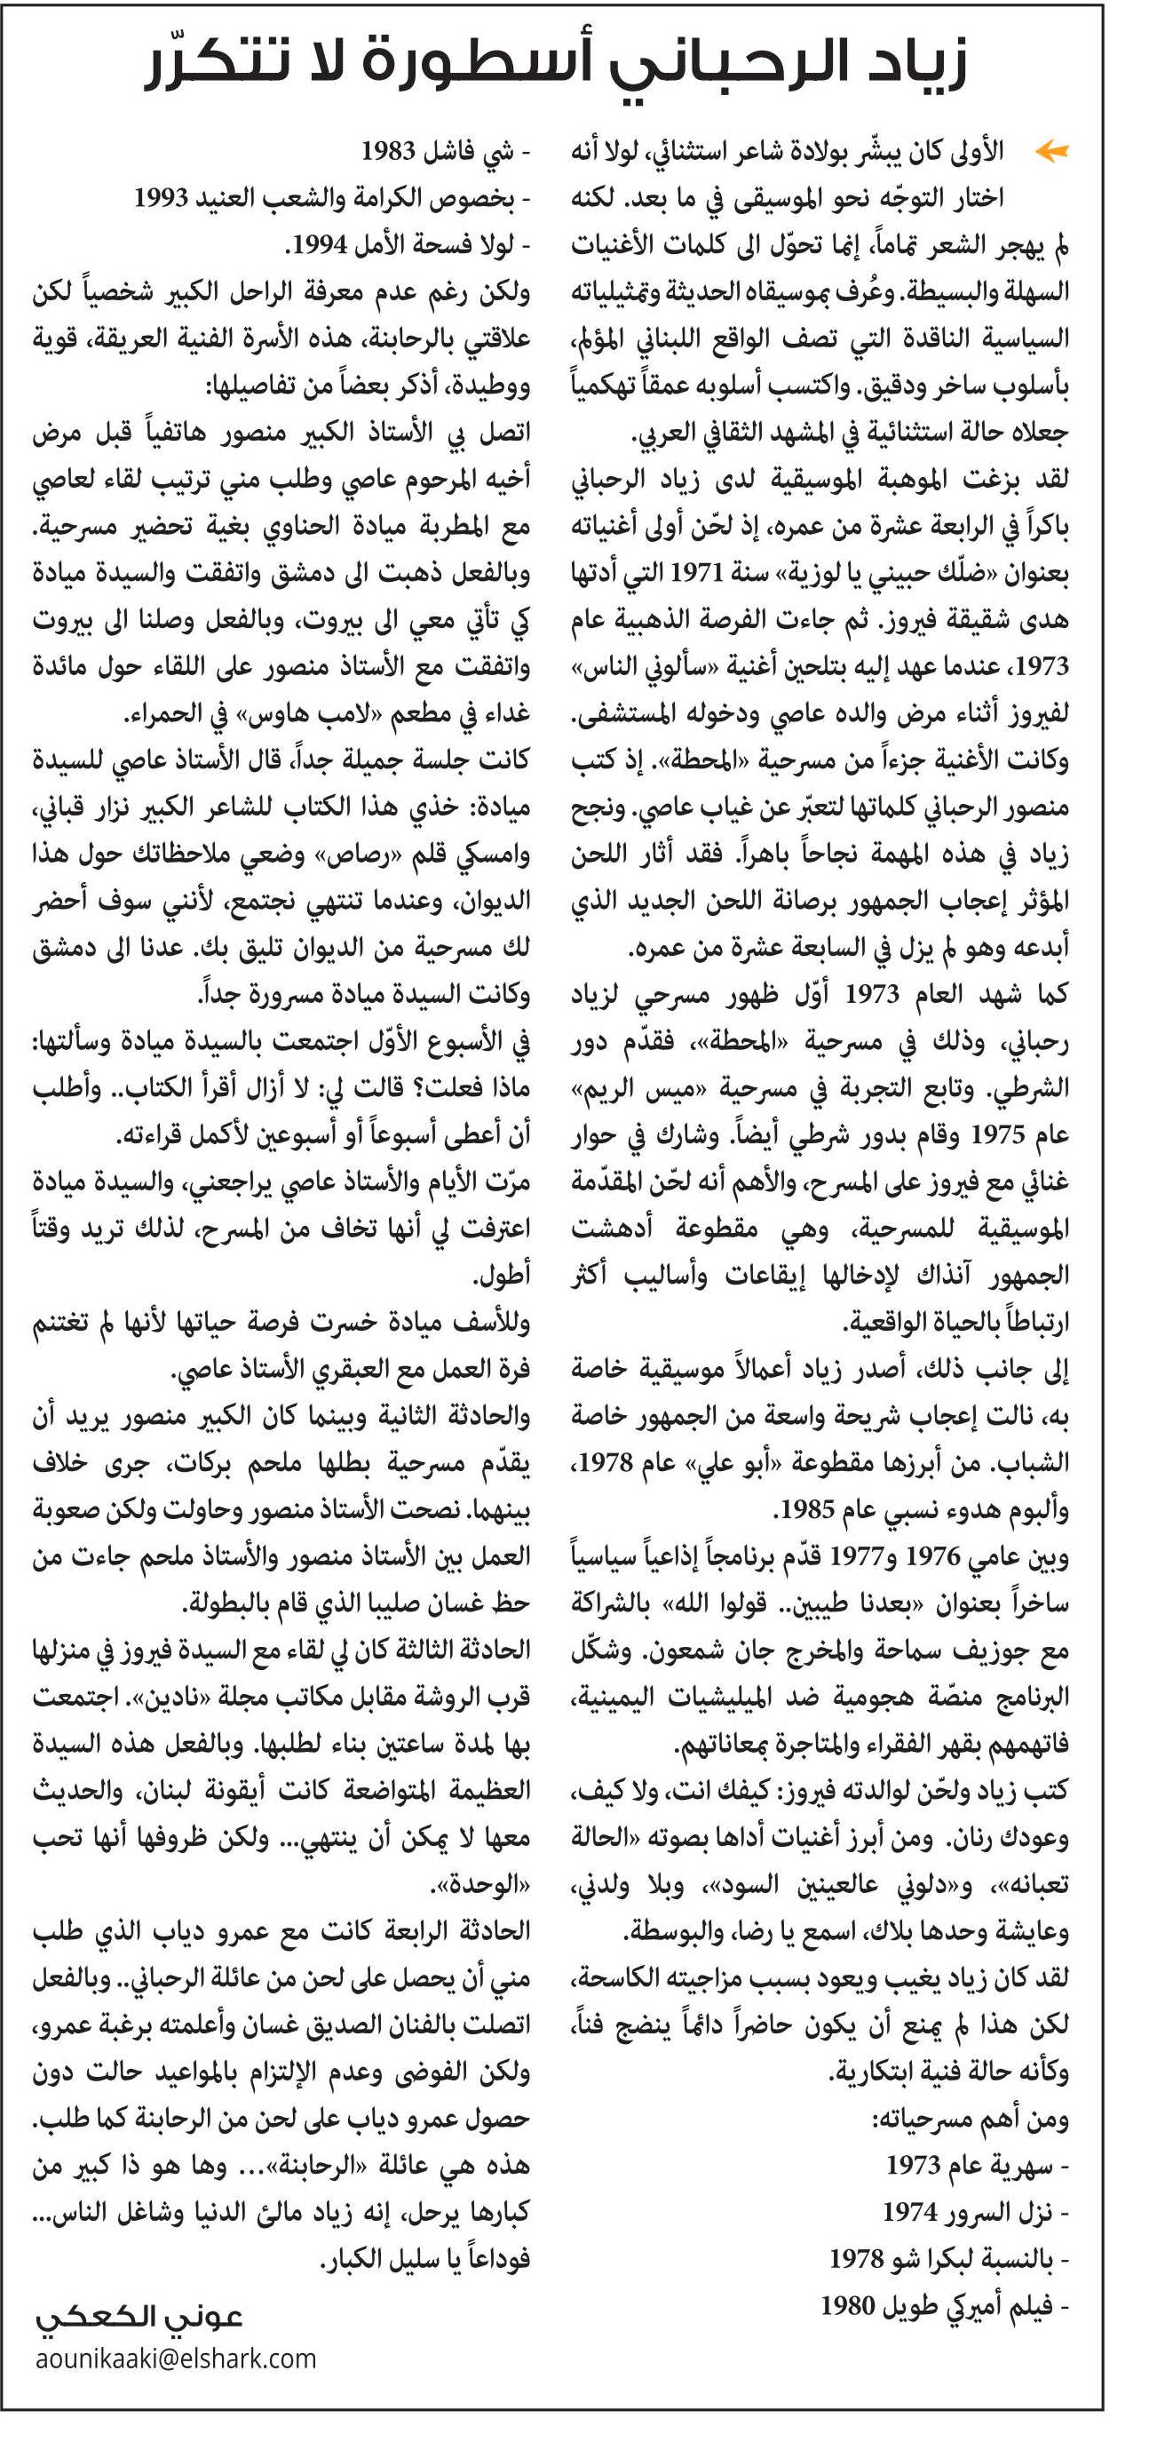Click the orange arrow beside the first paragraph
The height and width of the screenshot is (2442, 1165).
point(1051,150)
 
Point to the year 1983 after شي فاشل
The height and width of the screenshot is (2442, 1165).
point(389,151)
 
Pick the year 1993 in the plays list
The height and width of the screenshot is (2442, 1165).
point(160,197)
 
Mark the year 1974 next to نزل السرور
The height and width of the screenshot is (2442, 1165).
point(910,2212)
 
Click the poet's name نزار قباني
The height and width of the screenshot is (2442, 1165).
point(95,807)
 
